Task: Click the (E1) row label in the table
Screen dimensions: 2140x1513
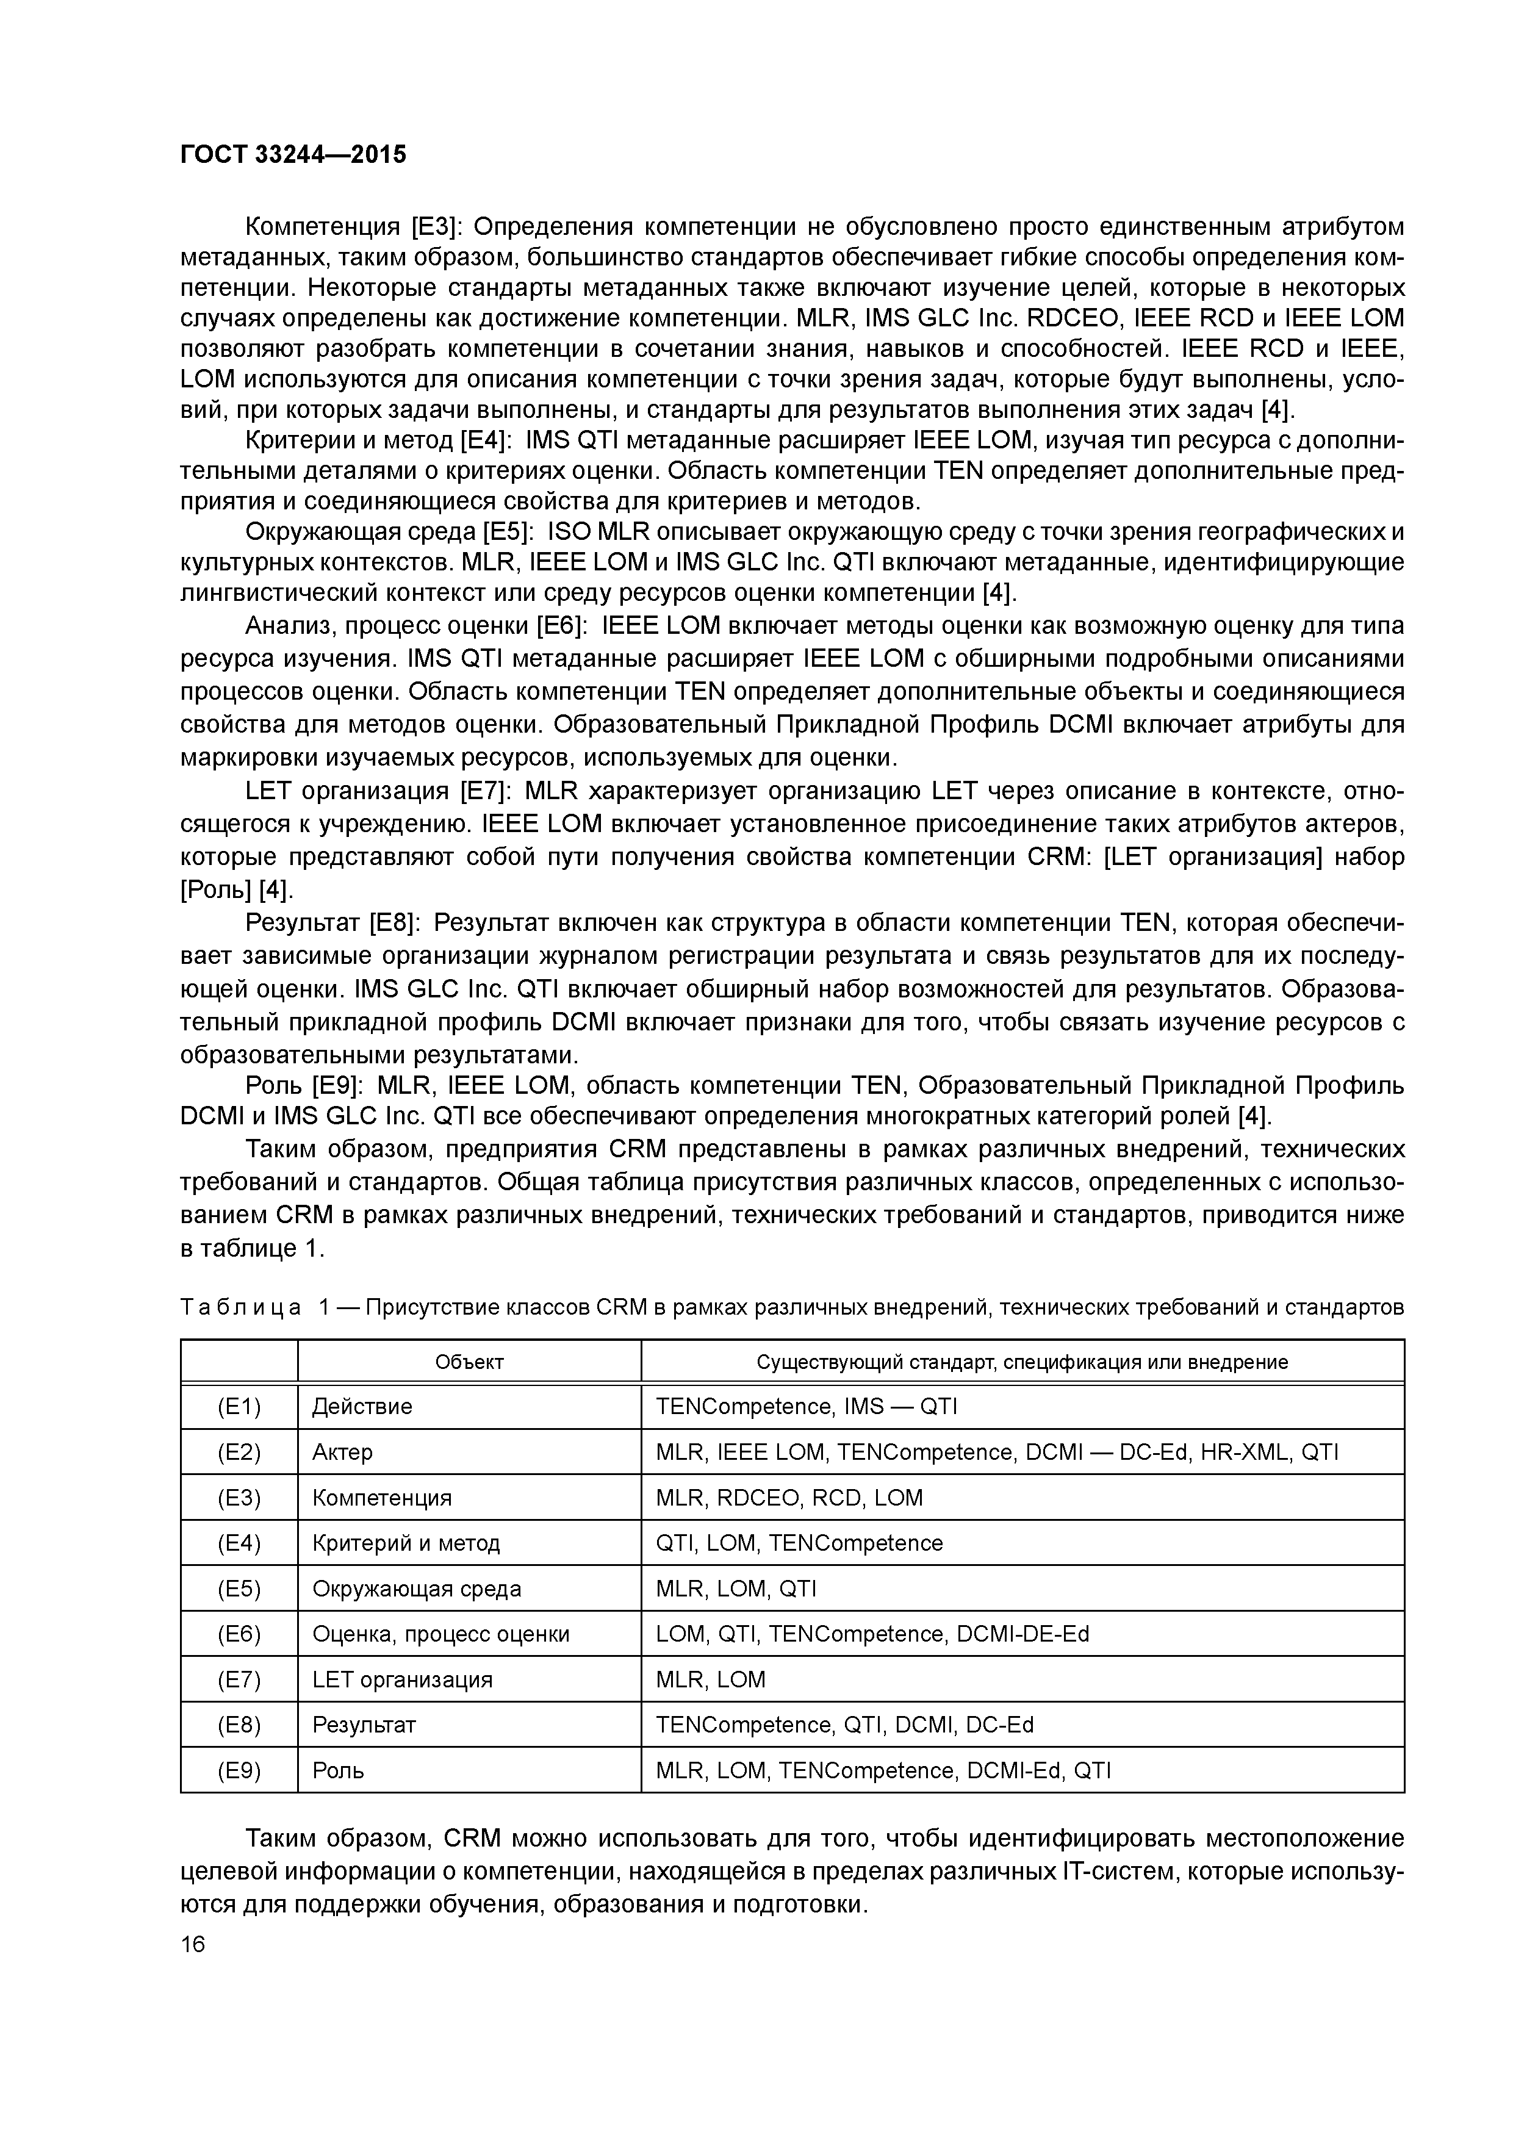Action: (239, 1407)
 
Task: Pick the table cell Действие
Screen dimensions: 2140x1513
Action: (362, 1407)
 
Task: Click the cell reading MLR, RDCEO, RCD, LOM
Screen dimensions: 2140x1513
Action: (789, 1498)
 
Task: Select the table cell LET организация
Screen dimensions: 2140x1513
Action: (402, 1679)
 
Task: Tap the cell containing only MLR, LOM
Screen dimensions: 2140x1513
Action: (710, 1679)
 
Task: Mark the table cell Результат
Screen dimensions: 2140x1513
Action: (364, 1725)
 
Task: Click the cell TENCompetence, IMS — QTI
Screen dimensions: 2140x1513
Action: (807, 1407)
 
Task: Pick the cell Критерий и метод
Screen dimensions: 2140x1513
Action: (406, 1543)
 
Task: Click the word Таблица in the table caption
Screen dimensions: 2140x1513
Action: (240, 1308)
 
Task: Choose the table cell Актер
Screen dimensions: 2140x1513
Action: (342, 1452)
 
